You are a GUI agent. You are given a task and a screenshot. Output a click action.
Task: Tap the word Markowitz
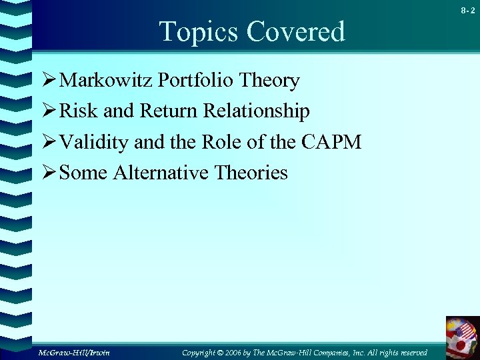click(x=106, y=81)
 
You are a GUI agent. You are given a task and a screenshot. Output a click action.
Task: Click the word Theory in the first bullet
click(x=270, y=81)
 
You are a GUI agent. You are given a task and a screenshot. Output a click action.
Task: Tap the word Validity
click(x=94, y=142)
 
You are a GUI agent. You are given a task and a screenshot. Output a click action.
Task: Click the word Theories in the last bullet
click(x=251, y=173)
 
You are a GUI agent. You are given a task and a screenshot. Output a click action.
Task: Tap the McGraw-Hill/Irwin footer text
click(x=73, y=352)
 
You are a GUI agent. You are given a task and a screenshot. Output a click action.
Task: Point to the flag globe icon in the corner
click(x=463, y=339)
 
